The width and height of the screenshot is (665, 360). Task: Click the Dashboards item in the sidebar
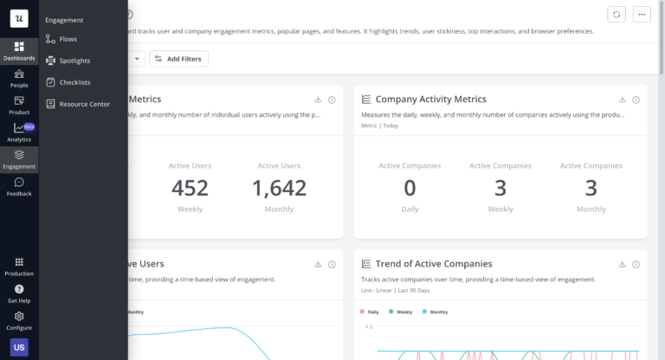[19, 50]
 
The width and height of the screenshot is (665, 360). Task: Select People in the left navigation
[19, 78]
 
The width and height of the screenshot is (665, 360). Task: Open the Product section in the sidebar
[19, 105]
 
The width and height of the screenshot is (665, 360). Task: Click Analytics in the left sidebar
[19, 132]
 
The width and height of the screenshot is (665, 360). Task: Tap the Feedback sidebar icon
[19, 186]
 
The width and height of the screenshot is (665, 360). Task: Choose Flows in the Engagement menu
[68, 39]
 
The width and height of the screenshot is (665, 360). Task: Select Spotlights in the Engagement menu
[74, 61]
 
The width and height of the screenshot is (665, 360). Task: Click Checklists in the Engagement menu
[74, 82]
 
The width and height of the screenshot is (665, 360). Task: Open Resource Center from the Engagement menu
[84, 104]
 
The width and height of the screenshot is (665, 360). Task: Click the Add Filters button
[178, 58]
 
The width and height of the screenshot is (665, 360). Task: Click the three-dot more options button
[642, 14]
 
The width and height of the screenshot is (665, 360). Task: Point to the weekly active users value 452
[190, 187]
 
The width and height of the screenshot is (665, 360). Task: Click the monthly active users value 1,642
[279, 187]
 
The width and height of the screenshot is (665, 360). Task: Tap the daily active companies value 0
[410, 187]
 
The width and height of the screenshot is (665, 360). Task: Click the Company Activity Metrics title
[430, 100]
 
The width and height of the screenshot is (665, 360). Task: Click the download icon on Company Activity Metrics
[622, 100]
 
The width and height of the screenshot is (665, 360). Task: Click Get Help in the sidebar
[19, 293]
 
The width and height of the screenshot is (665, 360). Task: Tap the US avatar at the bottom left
[19, 347]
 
